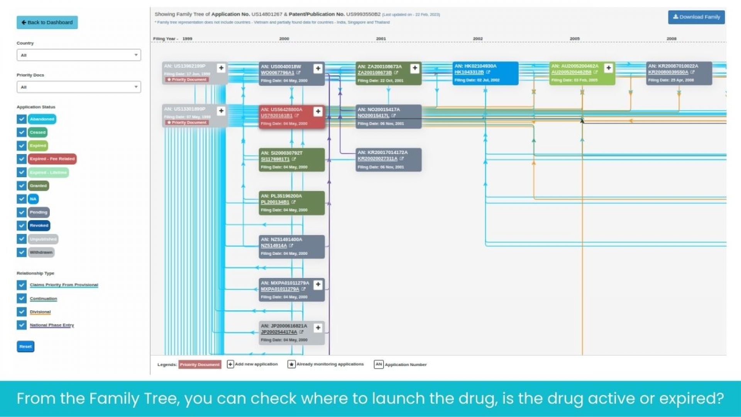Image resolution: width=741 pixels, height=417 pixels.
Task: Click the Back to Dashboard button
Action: (x=47, y=22)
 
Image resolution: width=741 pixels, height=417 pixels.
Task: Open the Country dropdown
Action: (x=79, y=55)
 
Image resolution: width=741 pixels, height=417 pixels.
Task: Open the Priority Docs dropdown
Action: (x=79, y=87)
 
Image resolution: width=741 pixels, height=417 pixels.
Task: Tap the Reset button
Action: (x=25, y=347)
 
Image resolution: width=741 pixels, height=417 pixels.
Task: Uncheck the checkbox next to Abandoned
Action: (x=22, y=119)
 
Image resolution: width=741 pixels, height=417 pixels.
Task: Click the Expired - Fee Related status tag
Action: (x=52, y=159)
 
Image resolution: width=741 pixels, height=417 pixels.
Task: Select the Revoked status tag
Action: (x=39, y=225)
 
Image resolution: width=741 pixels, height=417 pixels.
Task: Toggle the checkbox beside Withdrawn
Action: (x=22, y=253)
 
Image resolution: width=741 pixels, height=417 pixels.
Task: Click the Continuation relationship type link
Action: (x=43, y=299)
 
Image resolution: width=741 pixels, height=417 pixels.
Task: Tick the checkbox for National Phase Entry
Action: (x=22, y=325)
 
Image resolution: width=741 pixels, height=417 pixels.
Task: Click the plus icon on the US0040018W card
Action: (x=318, y=69)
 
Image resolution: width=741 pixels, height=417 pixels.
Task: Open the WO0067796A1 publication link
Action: (x=277, y=73)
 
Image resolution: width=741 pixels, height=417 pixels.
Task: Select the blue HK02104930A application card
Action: (x=485, y=73)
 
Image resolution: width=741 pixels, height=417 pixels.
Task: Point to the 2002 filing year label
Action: (x=478, y=39)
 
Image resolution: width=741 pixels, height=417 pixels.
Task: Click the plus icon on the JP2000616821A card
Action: (x=318, y=328)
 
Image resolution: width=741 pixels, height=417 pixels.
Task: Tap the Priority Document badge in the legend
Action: (x=200, y=365)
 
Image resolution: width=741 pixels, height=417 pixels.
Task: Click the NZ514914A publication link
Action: (x=274, y=246)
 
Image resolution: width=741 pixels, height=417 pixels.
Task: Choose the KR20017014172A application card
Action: (x=388, y=160)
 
